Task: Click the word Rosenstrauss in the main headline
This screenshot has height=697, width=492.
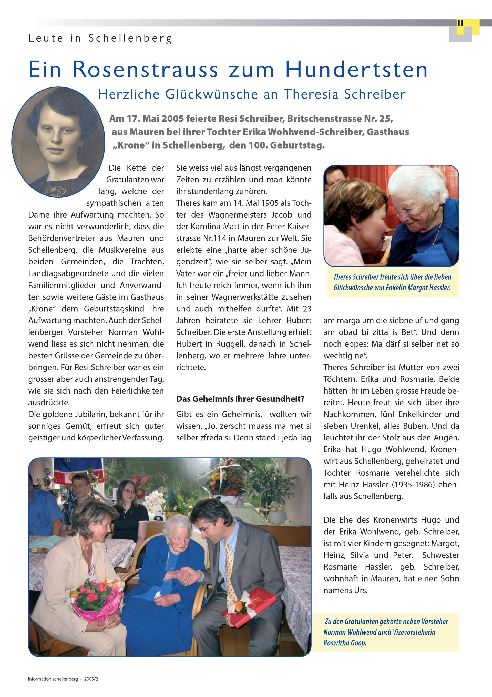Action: (x=145, y=70)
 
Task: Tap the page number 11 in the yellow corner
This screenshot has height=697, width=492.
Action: (x=460, y=23)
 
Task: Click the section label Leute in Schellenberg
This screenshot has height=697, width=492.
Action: (x=100, y=38)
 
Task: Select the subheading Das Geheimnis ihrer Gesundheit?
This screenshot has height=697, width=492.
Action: (x=240, y=399)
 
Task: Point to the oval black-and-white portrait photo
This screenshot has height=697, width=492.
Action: (x=58, y=141)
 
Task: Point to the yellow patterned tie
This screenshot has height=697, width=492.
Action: (x=230, y=568)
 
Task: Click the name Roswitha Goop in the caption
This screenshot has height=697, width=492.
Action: (x=345, y=643)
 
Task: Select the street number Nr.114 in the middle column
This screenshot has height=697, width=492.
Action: (x=215, y=238)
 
